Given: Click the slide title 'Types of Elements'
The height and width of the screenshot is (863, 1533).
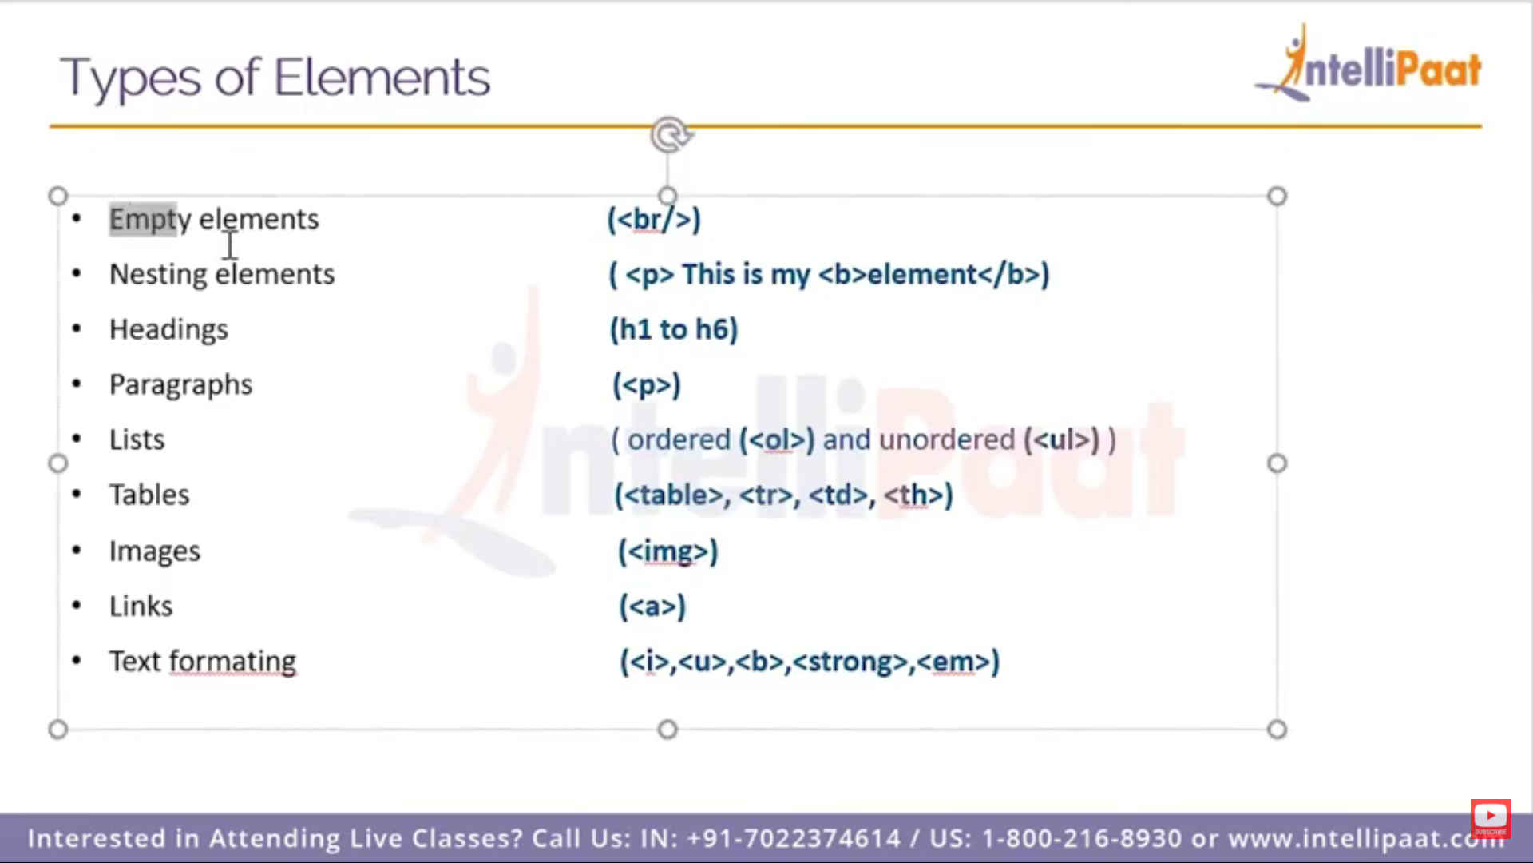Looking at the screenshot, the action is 275,78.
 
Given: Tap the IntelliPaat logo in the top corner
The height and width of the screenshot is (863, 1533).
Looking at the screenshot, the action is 1369,64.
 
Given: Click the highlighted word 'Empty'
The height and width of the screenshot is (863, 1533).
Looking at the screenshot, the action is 143,219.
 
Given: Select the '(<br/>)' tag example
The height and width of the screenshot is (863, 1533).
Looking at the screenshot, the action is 654,220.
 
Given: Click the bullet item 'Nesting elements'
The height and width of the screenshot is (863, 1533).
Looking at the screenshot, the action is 222,274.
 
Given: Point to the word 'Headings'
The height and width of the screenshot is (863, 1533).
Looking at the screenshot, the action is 168,330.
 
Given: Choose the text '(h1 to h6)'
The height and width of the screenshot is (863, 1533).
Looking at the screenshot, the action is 674,329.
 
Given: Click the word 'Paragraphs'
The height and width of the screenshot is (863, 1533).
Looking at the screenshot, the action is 180,385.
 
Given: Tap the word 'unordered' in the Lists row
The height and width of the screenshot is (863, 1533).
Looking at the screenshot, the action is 947,439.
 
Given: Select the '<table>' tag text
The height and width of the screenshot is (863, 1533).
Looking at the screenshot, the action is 672,495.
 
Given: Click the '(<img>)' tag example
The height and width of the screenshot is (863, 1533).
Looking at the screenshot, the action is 667,551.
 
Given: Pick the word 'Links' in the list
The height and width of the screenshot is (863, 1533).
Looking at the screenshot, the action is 141,606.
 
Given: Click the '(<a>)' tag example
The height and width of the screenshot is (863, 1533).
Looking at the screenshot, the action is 652,606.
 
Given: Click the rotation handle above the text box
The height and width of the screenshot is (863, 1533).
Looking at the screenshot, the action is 670,135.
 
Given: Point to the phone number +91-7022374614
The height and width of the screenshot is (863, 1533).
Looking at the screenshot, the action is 794,838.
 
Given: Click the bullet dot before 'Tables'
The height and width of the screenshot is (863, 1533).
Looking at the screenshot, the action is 77,495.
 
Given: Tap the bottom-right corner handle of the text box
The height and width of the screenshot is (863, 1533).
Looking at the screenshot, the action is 1277,730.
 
